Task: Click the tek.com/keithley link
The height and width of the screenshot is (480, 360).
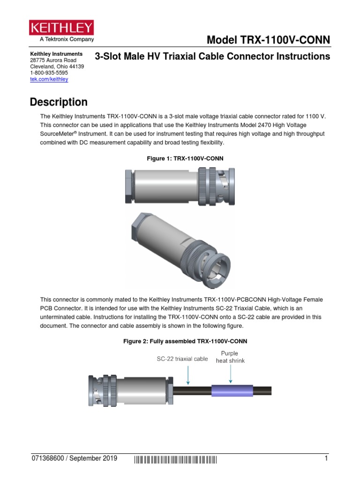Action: (x=49, y=79)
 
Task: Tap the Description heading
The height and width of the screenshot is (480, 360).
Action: (x=59, y=102)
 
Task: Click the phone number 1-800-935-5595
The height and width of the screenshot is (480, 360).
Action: (x=49, y=73)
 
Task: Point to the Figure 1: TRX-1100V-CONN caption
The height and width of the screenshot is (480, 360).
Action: (x=185, y=158)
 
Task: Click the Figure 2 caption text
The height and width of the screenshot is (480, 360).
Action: (x=185, y=341)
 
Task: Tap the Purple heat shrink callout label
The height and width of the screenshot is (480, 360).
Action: (x=230, y=357)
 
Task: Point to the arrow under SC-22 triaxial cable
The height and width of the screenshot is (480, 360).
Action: (x=187, y=375)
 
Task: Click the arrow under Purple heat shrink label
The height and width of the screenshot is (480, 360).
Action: (x=231, y=375)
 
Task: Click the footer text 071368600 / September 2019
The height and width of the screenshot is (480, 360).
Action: (x=74, y=458)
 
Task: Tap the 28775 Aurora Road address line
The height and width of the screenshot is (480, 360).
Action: (x=53, y=60)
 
